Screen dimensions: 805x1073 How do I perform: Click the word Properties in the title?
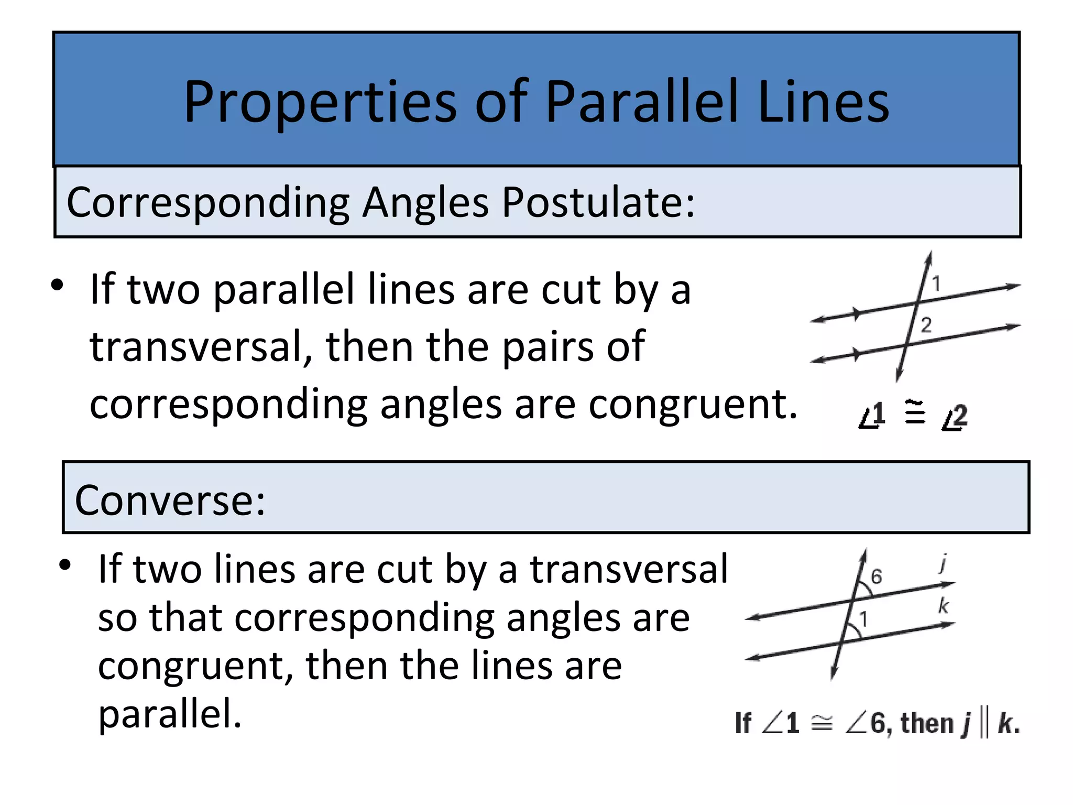(x=320, y=102)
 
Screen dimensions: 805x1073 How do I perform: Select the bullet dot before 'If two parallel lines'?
(x=57, y=286)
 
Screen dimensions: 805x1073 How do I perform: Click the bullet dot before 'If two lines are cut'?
(x=65, y=565)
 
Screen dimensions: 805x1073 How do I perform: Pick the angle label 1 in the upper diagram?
(x=936, y=284)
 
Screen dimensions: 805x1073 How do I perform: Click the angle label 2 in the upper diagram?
(x=926, y=325)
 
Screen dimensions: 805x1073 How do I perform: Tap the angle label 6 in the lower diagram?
(x=876, y=576)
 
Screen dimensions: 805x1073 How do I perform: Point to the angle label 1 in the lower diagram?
(x=863, y=619)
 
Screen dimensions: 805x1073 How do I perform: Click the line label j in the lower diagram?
(x=943, y=563)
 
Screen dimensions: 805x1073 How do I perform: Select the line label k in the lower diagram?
(x=943, y=606)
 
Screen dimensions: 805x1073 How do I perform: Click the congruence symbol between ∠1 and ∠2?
(x=915, y=412)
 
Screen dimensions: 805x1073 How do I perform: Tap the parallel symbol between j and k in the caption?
(x=983, y=724)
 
